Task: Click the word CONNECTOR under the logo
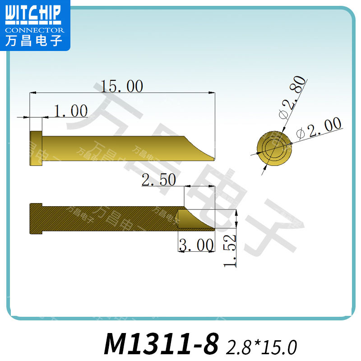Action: (34, 30)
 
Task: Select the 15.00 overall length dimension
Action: (122, 86)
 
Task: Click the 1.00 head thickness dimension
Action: (70, 111)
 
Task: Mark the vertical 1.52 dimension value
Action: (231, 251)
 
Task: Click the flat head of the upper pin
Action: (36, 148)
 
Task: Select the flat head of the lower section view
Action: (36, 219)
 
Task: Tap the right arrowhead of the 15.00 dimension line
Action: (212, 93)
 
